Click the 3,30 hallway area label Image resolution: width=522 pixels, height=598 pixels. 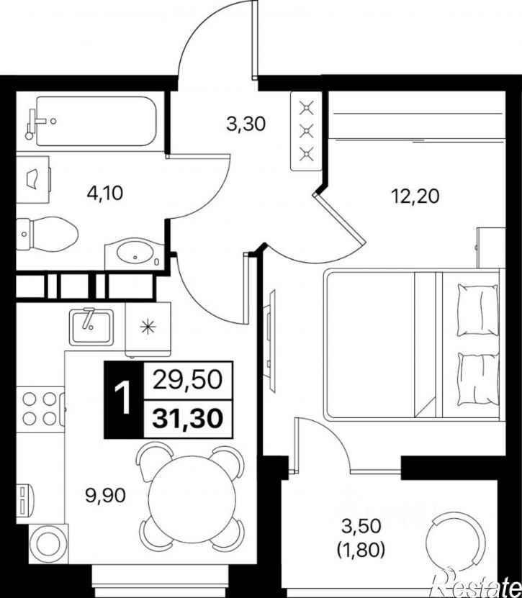[x=246, y=124]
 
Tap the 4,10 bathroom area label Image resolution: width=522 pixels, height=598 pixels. [x=105, y=194]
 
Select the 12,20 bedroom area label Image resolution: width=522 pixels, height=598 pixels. [x=415, y=196]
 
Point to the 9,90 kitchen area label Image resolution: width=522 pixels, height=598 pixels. [x=106, y=496]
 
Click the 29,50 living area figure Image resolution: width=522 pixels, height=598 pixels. [x=187, y=380]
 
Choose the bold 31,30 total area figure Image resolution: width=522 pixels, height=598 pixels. [x=187, y=418]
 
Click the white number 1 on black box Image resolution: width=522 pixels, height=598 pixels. [x=123, y=399]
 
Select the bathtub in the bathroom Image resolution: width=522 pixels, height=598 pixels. [x=96, y=122]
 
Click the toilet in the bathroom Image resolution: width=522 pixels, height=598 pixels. [x=48, y=234]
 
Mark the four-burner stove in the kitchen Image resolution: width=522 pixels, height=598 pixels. [x=40, y=409]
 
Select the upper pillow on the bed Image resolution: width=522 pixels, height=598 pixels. [x=478, y=309]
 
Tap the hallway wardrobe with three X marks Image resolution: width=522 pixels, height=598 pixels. [x=307, y=131]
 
